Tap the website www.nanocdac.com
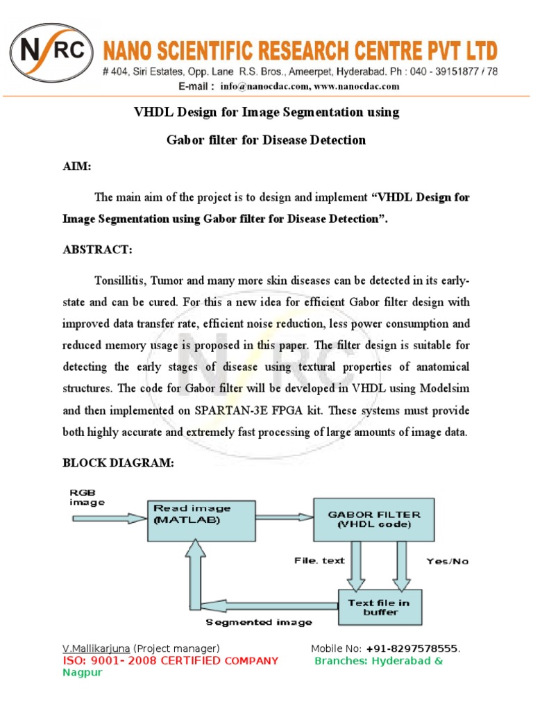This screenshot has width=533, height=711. click(x=357, y=87)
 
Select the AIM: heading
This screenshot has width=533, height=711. click(x=77, y=168)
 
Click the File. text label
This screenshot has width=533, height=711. click(x=319, y=560)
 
